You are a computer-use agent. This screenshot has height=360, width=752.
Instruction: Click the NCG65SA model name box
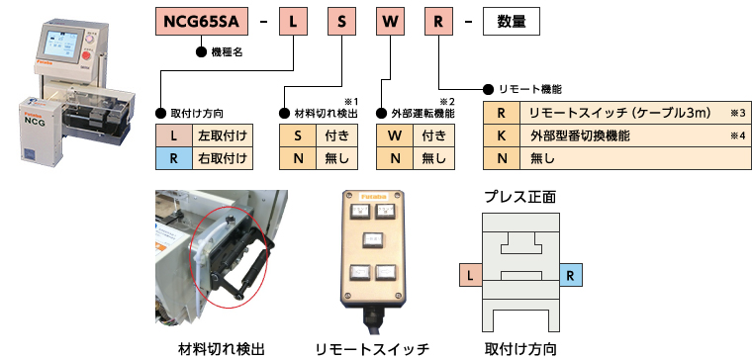coord(202,22)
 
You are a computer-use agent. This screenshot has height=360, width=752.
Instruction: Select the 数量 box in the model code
coord(511,22)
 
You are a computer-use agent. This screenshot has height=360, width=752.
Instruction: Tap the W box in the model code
coord(390,22)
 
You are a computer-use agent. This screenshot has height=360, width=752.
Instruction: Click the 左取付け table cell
coord(222,135)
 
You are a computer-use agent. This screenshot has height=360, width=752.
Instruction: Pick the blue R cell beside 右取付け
coord(173,158)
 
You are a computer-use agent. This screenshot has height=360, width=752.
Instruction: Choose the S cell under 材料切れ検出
coord(298,135)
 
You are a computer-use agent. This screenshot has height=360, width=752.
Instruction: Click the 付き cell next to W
coord(433,135)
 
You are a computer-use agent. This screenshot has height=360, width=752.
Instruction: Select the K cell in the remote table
coord(502,135)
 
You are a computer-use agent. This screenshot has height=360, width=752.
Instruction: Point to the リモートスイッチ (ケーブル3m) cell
coord(635,113)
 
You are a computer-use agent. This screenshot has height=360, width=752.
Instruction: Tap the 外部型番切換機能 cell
coord(635,135)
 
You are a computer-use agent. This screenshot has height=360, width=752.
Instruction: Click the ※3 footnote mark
coord(737,114)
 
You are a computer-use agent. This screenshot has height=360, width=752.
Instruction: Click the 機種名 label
coord(227,52)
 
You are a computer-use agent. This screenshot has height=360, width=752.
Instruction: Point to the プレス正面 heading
coord(520,197)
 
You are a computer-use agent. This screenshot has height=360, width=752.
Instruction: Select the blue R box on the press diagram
coord(570,275)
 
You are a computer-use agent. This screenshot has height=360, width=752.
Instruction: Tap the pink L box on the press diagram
coord(470,275)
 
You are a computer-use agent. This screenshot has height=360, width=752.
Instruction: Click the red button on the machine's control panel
coord(86,56)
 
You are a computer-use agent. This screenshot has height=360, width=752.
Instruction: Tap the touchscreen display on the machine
coord(61,45)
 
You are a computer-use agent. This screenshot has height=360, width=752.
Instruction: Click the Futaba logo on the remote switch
coord(373,196)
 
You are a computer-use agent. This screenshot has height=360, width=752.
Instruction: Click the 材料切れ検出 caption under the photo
coord(221,348)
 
